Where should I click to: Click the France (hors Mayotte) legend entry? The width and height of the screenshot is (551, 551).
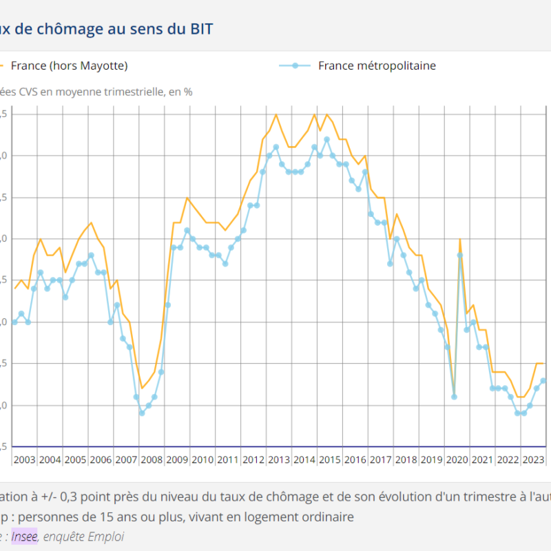click(69, 66)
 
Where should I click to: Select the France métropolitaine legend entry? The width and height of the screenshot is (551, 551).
click(376, 66)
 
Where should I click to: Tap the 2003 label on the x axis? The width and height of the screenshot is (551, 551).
click(25, 459)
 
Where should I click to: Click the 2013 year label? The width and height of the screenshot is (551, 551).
click(278, 459)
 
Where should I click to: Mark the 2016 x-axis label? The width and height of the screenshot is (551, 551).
click(355, 459)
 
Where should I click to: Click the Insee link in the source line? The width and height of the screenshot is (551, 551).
click(25, 537)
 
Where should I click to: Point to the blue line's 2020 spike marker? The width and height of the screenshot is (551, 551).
click(460, 256)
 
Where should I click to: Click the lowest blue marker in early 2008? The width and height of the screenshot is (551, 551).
click(142, 413)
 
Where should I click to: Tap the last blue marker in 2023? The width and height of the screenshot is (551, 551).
click(543, 380)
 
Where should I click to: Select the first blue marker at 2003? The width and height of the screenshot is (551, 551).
click(14, 322)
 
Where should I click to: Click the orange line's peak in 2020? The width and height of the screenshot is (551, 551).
click(460, 239)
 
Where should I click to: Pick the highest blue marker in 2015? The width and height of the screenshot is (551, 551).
click(326, 139)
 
